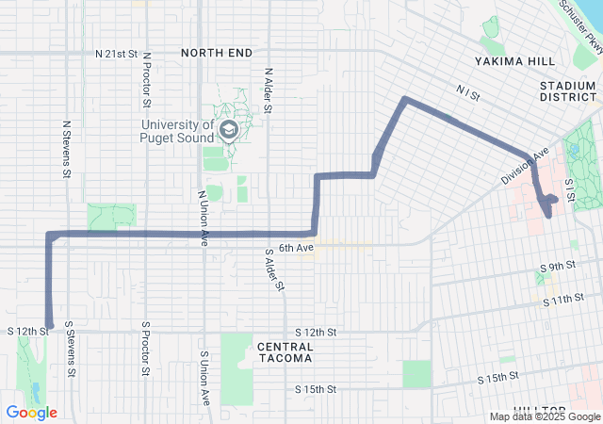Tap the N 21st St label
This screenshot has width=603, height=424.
117,54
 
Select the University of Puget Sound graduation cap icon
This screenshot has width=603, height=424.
227,128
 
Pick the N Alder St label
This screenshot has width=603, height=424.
269,90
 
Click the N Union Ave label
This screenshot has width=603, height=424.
203,219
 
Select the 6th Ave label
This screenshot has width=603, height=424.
295,248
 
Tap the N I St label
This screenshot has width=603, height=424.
467,92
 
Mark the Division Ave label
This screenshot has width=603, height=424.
525,166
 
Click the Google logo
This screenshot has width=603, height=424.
31,413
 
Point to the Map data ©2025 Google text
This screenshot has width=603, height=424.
545,416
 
